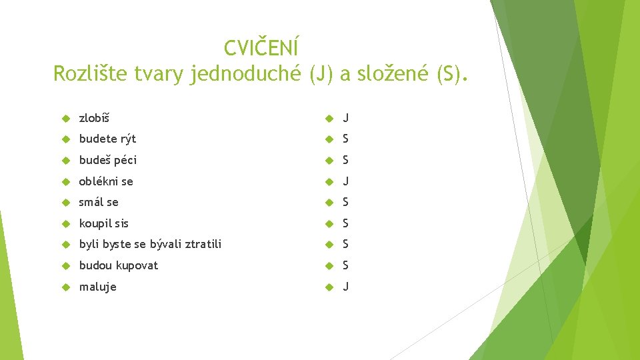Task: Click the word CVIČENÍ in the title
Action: tap(261, 48)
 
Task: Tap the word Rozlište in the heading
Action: tap(87, 73)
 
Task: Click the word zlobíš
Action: tap(94, 118)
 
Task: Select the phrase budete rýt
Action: tap(107, 139)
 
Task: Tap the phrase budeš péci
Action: tap(108, 160)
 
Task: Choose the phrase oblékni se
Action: tap(106, 181)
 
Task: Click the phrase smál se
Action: tap(99, 202)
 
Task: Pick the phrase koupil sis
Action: tap(104, 223)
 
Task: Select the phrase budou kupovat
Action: tap(119, 265)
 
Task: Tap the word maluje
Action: tap(97, 287)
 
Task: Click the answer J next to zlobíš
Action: tap(345, 118)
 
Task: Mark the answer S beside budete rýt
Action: tap(345, 139)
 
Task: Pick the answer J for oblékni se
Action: tap(345, 181)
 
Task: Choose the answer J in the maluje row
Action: tap(345, 287)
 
